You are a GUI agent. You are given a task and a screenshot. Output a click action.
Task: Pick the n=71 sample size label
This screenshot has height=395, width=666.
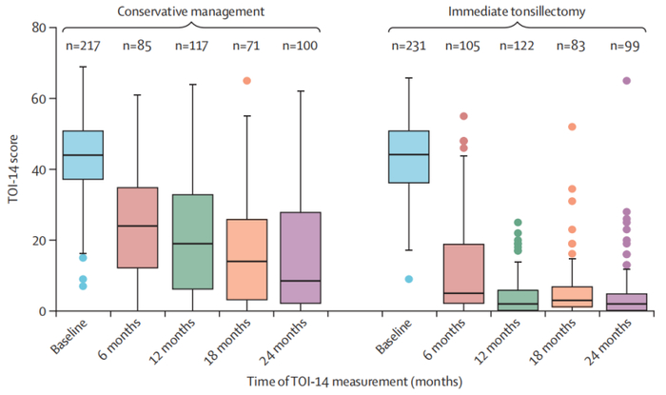[x=246, y=46]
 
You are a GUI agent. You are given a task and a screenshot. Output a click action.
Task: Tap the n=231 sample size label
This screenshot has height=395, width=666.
[x=409, y=46]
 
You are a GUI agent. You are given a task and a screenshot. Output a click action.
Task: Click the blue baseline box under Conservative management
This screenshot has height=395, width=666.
[x=82, y=154]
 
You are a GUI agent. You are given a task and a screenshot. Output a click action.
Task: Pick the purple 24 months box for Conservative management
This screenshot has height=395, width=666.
[x=301, y=257]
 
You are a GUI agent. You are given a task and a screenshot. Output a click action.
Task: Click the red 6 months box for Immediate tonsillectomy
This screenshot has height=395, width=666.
[x=464, y=273]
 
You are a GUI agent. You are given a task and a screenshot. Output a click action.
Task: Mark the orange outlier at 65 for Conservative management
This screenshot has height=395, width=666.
[x=246, y=81]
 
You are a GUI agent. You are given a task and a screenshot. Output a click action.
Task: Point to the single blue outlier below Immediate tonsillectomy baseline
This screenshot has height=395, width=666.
[x=409, y=279]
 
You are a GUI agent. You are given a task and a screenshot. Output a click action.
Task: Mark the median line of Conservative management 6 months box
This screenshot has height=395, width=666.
[x=137, y=226]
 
